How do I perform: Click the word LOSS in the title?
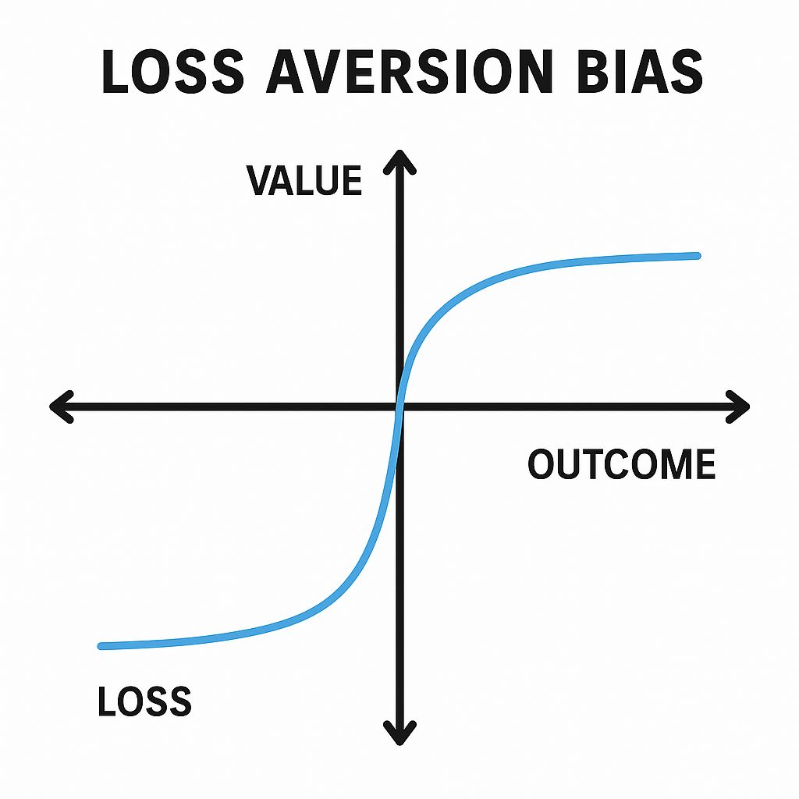coord(172,71)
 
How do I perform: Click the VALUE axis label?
coord(304,180)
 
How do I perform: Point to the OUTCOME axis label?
coord(621,463)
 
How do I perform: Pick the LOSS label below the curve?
coord(144,701)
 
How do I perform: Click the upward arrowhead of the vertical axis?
coord(400,162)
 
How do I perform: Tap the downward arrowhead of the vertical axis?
coord(400,733)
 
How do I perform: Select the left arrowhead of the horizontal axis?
coord(62,407)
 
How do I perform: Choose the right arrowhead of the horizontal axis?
coord(737,407)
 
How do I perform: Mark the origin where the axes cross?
coord(400,407)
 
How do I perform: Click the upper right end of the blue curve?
coord(698,256)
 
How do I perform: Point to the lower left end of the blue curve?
coord(101,646)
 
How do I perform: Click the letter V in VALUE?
coord(260,181)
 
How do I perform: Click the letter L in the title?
coord(115,71)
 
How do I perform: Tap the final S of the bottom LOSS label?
coord(180,701)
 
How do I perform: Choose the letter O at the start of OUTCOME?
coord(542,463)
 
